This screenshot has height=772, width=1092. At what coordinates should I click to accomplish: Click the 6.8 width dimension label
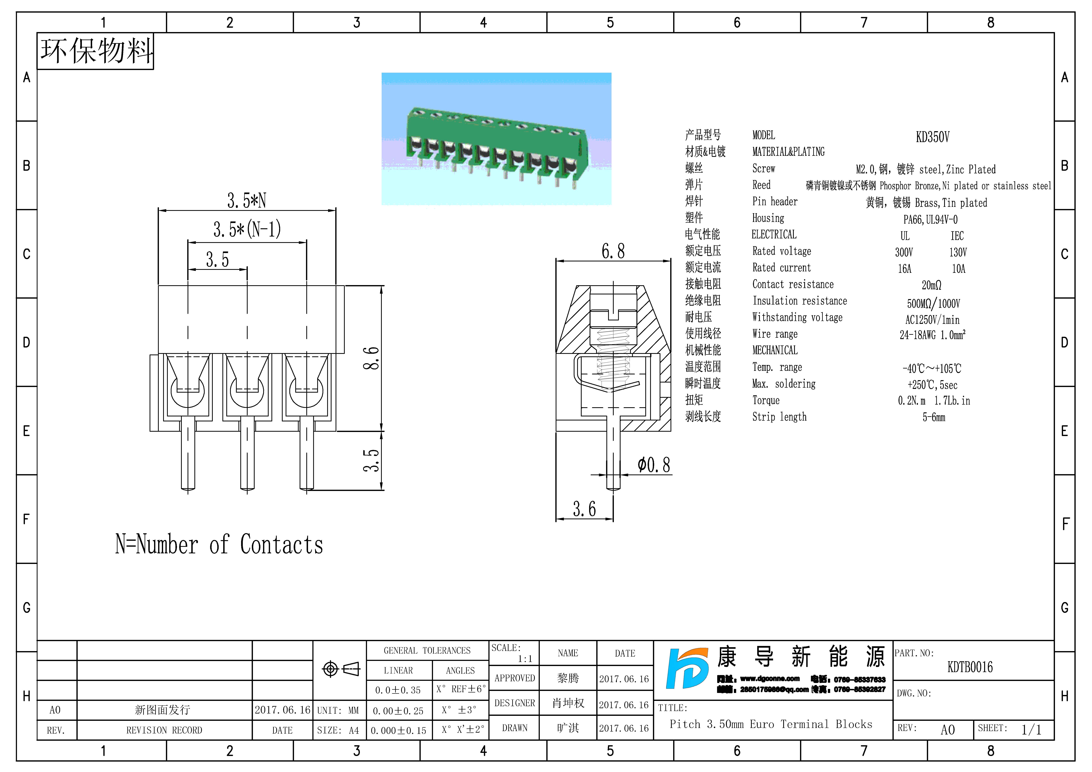(x=613, y=251)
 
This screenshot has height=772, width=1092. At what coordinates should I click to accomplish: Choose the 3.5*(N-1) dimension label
(x=247, y=229)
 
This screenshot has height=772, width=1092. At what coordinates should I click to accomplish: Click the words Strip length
(x=779, y=417)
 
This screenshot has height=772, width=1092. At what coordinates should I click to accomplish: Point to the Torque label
(x=766, y=401)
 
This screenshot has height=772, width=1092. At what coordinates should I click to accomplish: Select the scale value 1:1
(x=525, y=659)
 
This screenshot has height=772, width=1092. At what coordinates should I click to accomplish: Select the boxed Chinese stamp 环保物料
(x=96, y=51)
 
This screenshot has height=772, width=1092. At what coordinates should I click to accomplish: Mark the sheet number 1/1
(x=1031, y=730)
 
